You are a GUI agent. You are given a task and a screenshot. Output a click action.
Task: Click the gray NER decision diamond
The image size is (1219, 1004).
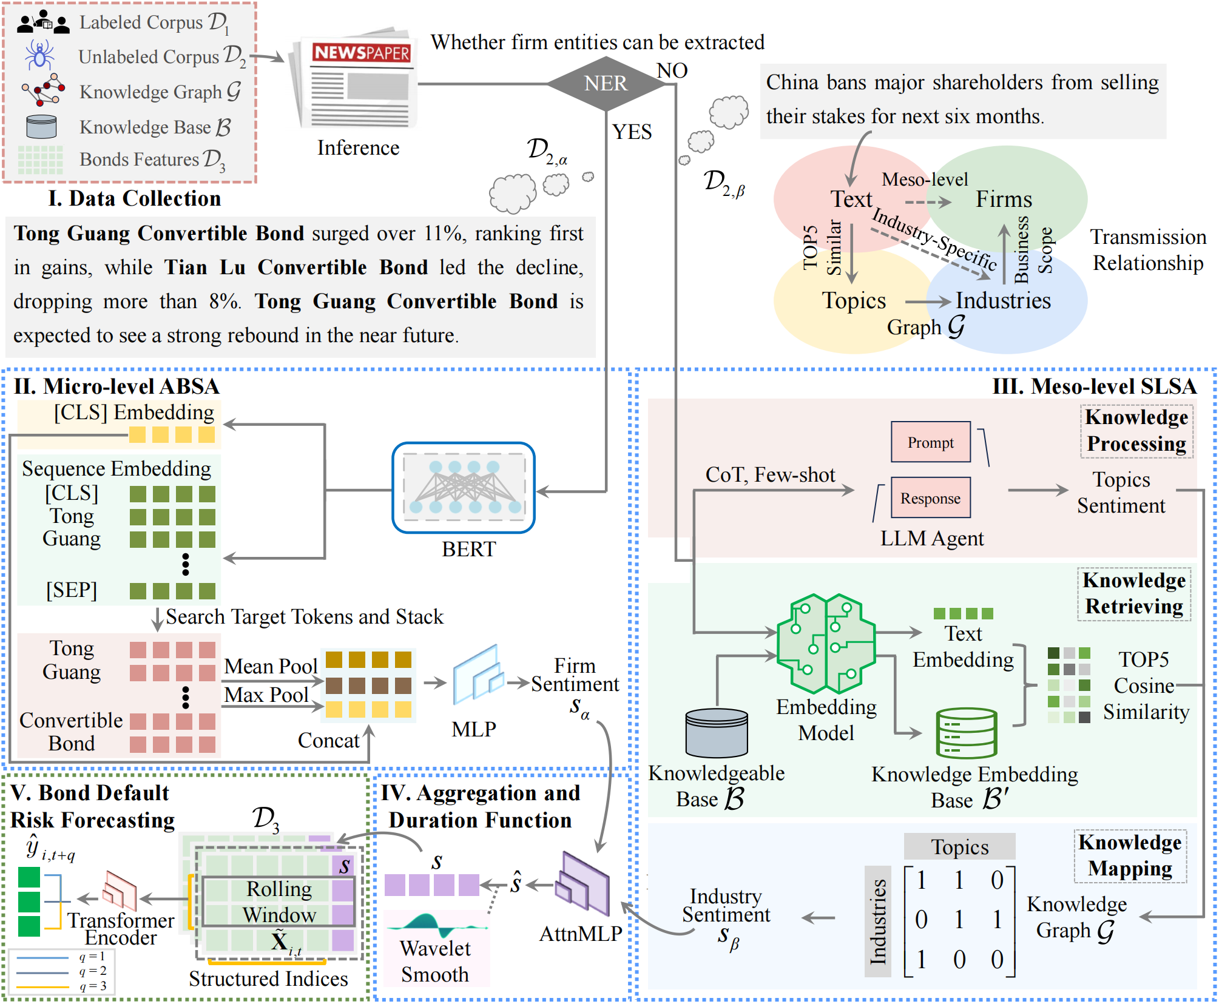click(x=606, y=84)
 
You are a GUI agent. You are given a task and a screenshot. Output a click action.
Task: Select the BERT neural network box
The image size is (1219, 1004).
click(x=464, y=488)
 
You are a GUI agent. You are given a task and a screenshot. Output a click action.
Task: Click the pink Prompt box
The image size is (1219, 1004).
click(x=930, y=442)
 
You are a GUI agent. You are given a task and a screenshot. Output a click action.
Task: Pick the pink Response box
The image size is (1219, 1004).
click(x=930, y=498)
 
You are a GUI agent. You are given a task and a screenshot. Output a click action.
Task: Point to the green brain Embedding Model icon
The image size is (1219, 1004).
click(x=826, y=643)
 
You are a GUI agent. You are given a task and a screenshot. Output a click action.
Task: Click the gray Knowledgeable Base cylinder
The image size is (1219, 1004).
click(x=716, y=733)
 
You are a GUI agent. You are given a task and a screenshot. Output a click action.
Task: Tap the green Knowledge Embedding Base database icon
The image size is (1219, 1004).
click(x=966, y=733)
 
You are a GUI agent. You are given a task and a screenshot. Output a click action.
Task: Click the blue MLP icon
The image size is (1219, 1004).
click(x=478, y=675)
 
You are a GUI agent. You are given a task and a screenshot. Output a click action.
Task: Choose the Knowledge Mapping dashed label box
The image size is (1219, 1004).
click(x=1130, y=855)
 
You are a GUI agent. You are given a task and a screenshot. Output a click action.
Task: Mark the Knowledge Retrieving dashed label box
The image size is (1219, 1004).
click(x=1134, y=593)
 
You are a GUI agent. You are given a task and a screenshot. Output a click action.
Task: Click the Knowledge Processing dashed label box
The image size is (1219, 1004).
click(x=1136, y=431)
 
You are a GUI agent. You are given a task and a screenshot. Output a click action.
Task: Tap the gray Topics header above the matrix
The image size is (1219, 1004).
click(x=959, y=847)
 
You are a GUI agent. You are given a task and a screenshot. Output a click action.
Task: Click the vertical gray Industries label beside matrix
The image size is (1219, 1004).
click(x=877, y=921)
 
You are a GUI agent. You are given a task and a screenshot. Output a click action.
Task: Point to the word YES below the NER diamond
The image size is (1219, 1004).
click(x=632, y=132)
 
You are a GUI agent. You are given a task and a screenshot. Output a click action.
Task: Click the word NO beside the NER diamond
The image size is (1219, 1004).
click(x=672, y=70)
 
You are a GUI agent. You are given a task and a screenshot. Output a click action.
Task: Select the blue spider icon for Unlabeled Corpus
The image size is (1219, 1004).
click(x=39, y=55)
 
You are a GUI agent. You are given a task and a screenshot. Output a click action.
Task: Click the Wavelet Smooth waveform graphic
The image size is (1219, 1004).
click(x=436, y=925)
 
